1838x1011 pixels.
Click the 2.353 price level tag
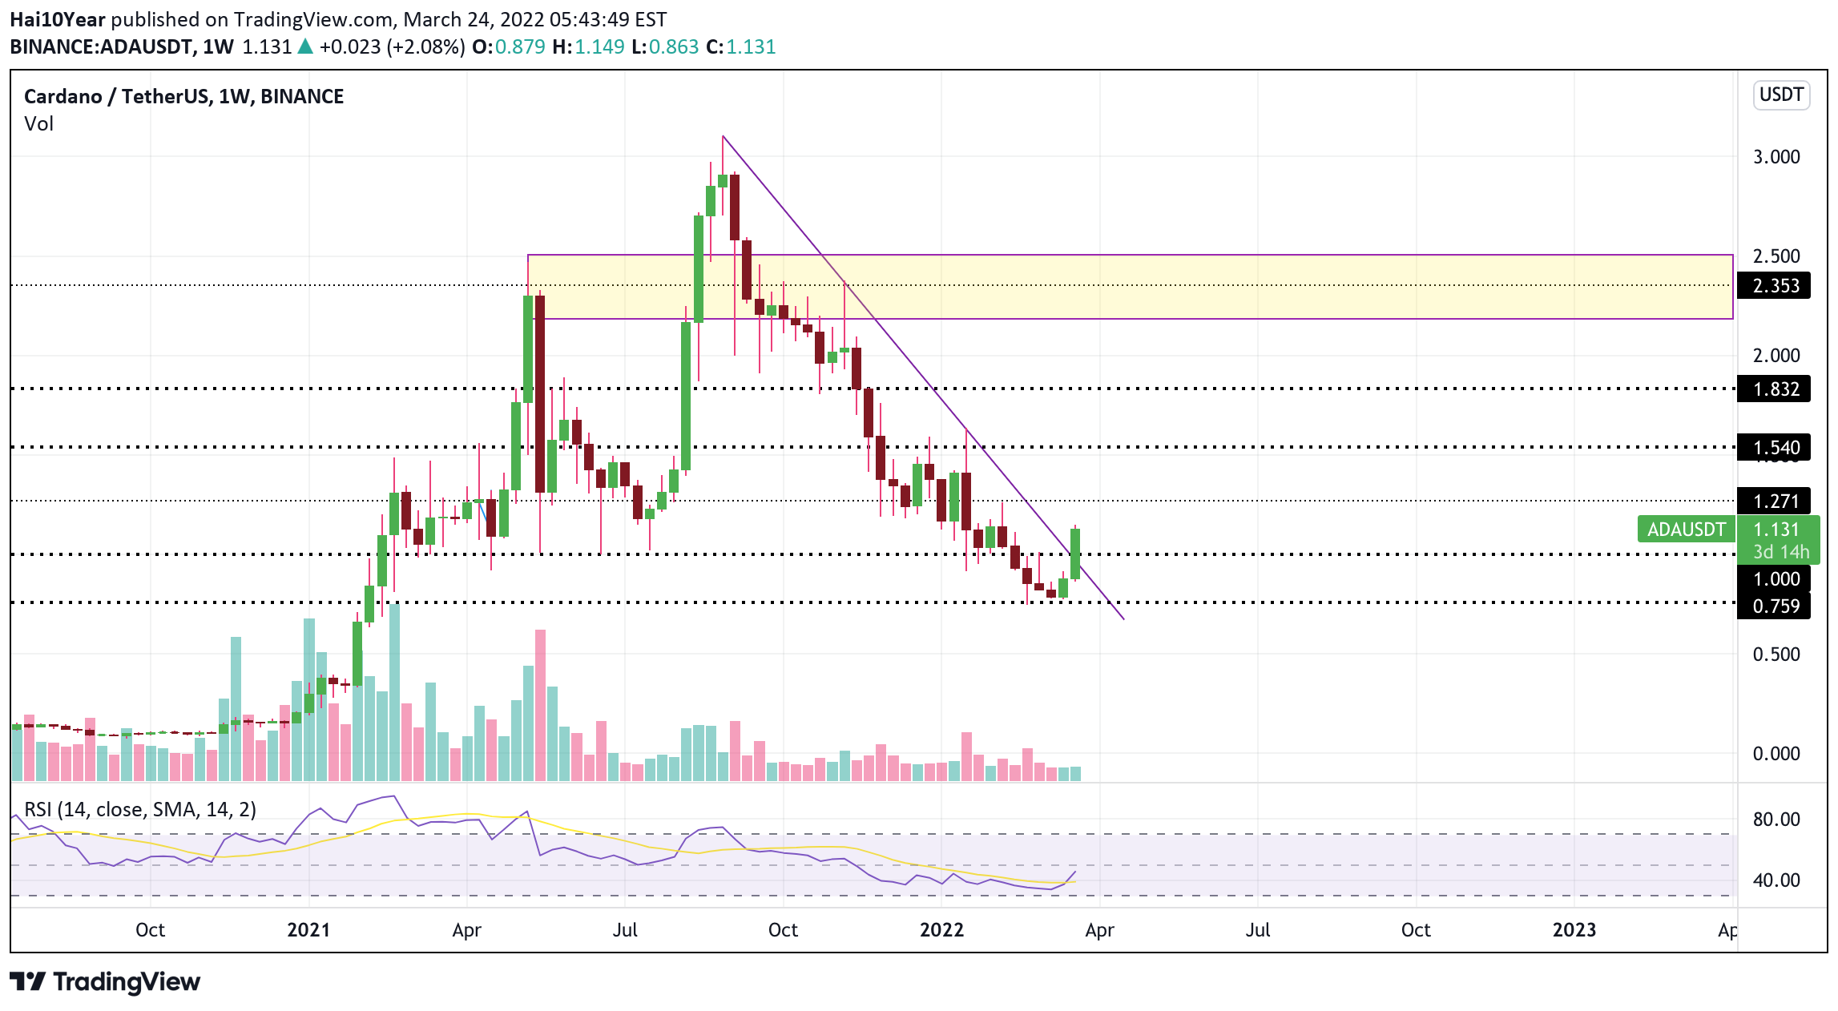coord(1775,286)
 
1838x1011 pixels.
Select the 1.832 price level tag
coord(1775,389)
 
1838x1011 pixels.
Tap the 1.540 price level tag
coord(1775,448)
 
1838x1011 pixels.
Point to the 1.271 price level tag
coord(1775,501)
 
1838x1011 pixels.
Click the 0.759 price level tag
coord(1775,606)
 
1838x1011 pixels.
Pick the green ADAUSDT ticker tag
coord(1686,530)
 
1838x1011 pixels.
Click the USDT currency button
coord(1780,95)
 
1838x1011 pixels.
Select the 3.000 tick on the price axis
coord(1776,157)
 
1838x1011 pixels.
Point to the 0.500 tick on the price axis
coord(1776,655)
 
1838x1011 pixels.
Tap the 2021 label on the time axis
coord(308,930)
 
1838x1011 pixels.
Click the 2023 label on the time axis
coord(1574,930)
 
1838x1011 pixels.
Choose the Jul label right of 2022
coord(1257,930)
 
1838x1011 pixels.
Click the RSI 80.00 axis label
coord(1776,820)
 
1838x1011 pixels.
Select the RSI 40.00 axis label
coord(1776,880)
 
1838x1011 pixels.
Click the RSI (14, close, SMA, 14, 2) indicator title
coord(140,810)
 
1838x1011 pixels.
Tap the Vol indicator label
coord(38,124)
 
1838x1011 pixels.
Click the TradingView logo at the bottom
coord(105,982)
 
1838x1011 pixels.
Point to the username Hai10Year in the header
coord(57,19)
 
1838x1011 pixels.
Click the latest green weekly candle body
coord(1075,554)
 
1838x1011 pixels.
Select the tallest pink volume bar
coord(541,705)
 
